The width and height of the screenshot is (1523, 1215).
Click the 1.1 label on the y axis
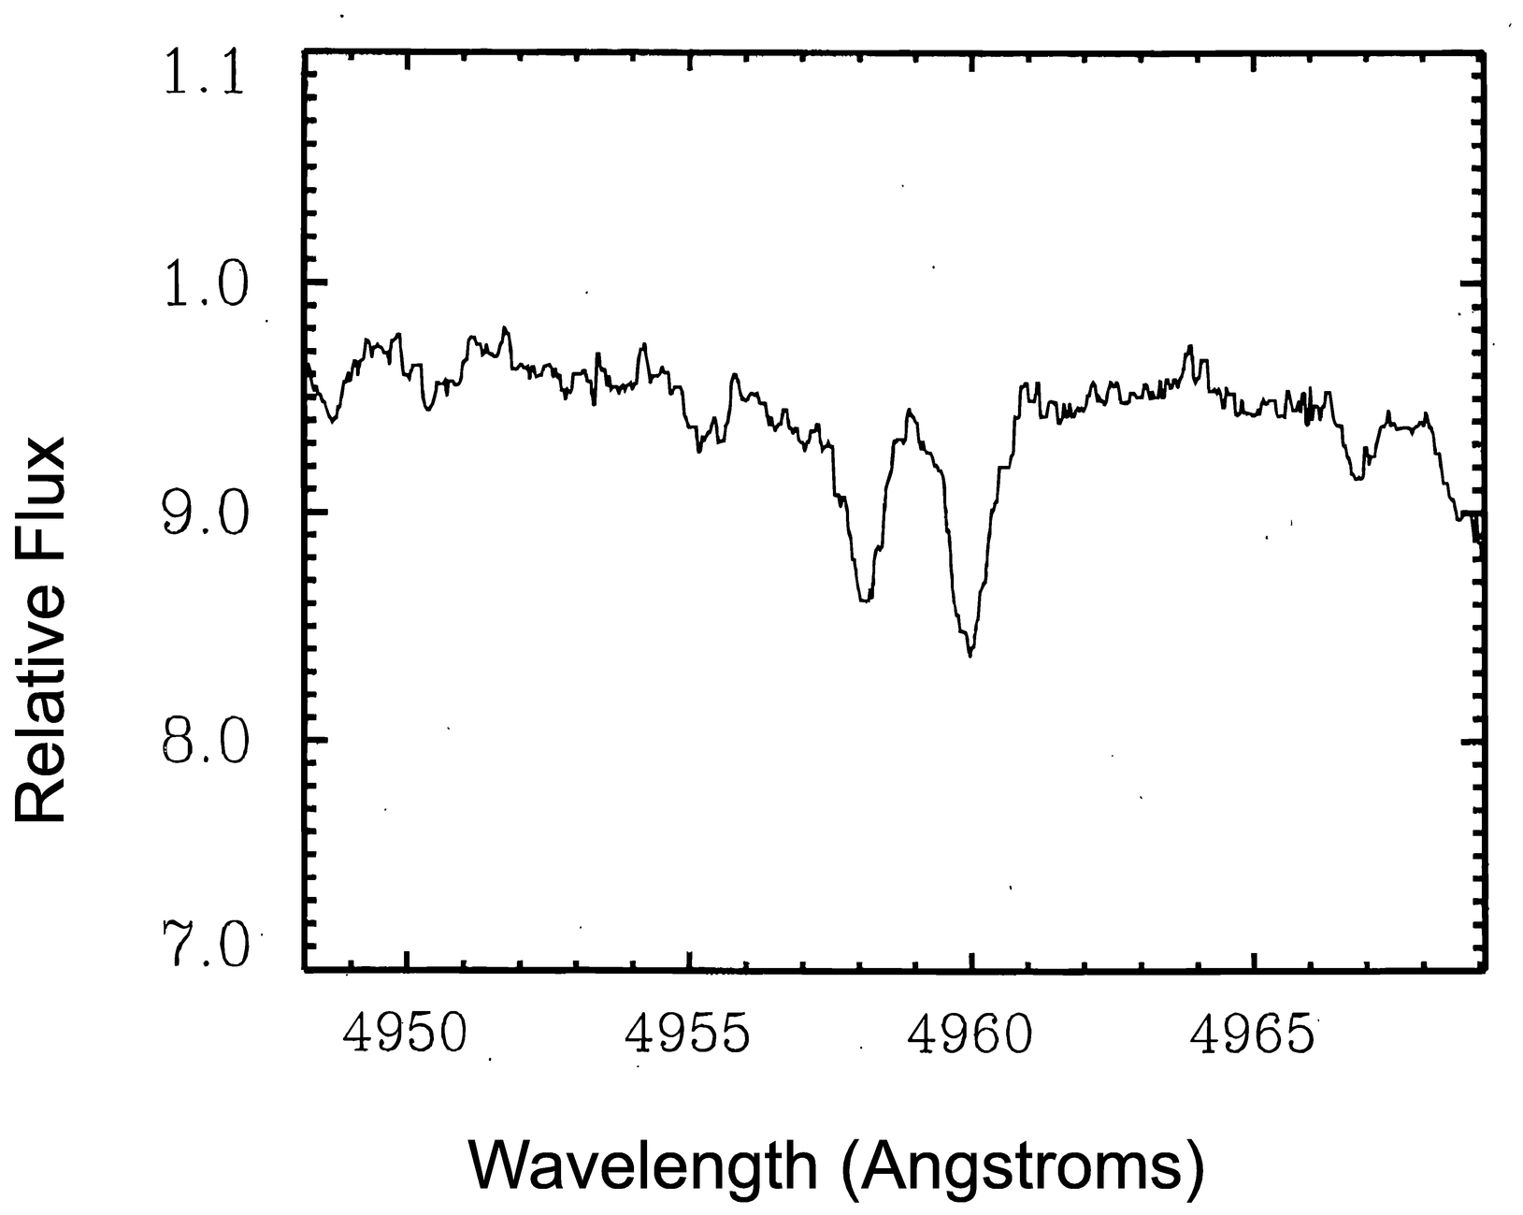point(205,73)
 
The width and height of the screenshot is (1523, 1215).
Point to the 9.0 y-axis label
point(205,513)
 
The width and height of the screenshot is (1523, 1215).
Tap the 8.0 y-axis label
point(205,743)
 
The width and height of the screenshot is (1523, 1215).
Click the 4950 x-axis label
point(406,1034)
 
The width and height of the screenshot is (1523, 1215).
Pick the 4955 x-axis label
point(689,1034)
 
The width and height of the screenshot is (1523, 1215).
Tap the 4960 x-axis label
point(971,1034)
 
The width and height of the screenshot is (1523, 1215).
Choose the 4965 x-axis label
point(1254,1034)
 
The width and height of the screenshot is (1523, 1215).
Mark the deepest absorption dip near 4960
point(970,654)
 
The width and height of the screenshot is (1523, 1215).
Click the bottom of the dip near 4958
point(865,600)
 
